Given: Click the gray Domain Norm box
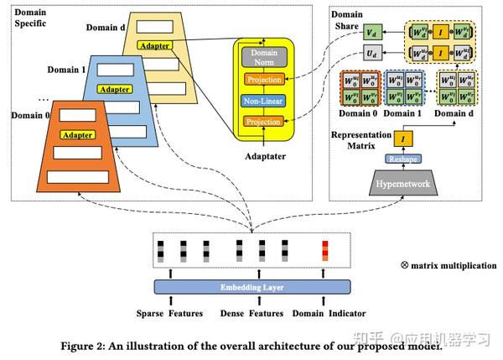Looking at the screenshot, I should click(x=264, y=58).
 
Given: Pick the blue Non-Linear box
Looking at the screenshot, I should click(x=264, y=101).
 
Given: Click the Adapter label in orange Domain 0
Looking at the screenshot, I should click(x=77, y=134).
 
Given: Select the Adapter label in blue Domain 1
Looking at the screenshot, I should click(x=114, y=88).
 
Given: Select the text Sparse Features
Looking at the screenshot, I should click(x=171, y=313).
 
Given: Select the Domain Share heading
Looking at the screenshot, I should click(x=347, y=21).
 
